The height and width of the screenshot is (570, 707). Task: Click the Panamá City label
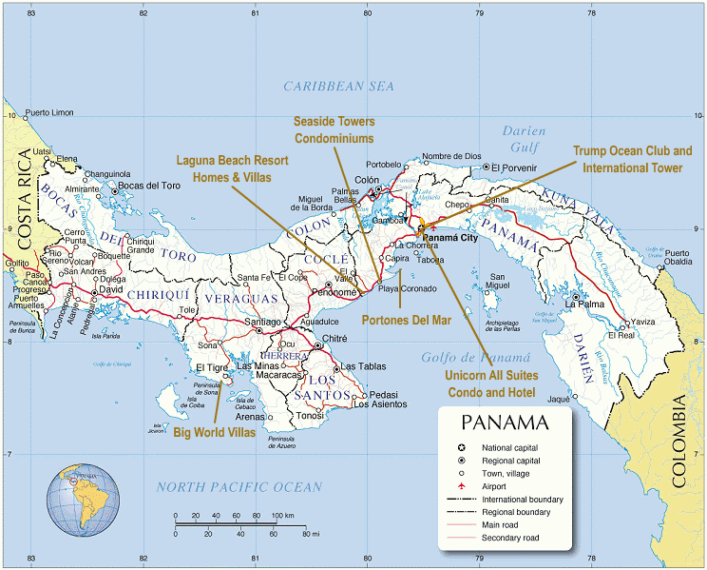click(452, 238)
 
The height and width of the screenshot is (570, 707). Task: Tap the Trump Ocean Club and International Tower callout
click(632, 159)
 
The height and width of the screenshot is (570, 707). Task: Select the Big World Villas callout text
click(215, 432)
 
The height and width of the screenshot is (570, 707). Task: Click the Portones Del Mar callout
click(406, 320)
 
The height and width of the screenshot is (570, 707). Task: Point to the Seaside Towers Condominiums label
click(334, 130)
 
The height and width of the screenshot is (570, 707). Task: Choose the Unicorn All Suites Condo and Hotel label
click(490, 384)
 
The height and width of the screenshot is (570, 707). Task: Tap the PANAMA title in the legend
click(504, 423)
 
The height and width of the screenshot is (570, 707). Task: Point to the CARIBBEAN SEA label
click(338, 87)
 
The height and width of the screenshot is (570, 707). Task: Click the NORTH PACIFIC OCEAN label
click(239, 487)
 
